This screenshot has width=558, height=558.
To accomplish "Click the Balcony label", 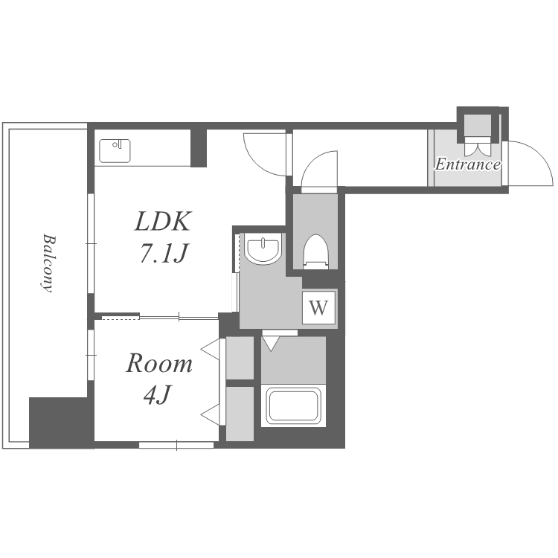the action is click(48, 263).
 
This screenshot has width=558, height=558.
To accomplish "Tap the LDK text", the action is click(163, 222).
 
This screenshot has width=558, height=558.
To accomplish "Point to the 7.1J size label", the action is click(164, 253).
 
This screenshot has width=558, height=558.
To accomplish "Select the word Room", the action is click(159, 363).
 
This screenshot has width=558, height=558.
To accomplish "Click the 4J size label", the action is click(158, 394).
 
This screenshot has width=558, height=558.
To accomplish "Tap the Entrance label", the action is click(468, 164).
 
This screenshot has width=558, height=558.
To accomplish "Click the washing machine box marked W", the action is click(318, 307).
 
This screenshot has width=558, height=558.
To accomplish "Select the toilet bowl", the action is click(315, 251).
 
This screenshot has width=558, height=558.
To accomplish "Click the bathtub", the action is click(294, 405).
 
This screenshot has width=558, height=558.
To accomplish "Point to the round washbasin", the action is click(263, 249).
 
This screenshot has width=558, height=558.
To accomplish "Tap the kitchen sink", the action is click(115, 151).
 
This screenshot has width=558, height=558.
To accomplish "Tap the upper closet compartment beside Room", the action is click(240, 358).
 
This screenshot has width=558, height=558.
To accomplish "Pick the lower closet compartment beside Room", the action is click(240, 414).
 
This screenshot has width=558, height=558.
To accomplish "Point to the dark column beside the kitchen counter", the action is click(199, 148).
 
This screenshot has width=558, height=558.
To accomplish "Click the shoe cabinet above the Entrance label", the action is click(478, 124).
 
